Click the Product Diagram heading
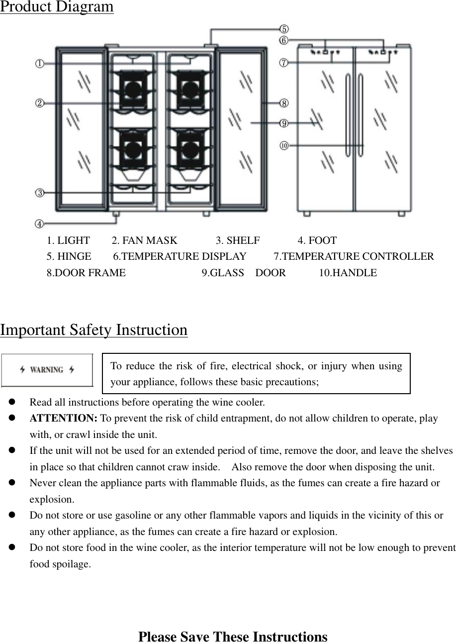point(57,7)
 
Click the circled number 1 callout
point(39,64)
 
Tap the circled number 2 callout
point(39,103)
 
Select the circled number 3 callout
point(39,192)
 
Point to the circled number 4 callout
point(39,224)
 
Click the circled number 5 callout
point(284,29)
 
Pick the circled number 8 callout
point(284,103)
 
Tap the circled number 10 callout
point(284,146)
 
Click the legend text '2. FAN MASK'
point(144,241)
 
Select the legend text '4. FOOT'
point(317,241)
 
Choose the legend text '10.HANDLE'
point(348,273)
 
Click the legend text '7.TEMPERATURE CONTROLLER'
point(354,257)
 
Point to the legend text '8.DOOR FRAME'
point(86,273)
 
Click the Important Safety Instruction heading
point(94,330)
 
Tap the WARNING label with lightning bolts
point(47,370)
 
